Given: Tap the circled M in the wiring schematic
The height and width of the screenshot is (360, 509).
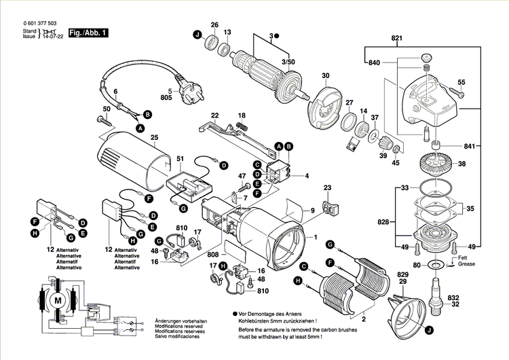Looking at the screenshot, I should click(57, 300).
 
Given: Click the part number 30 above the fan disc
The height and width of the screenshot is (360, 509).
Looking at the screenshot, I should click(325, 75).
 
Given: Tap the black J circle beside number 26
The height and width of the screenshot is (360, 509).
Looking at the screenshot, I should click(198, 35).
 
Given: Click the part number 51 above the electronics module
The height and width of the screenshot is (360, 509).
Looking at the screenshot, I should click(180, 160).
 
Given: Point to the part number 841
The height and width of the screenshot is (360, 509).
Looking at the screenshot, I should click(471, 147).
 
